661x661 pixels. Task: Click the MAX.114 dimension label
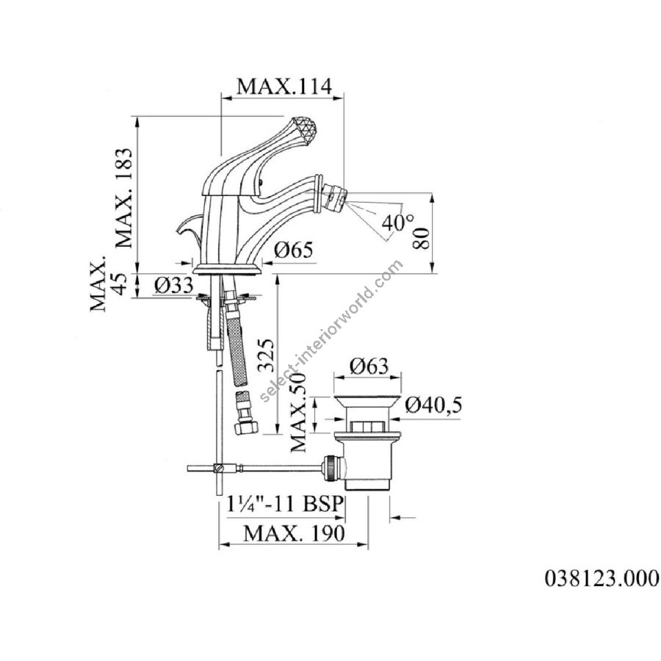coord(284,86)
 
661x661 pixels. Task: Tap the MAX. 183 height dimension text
coord(125,198)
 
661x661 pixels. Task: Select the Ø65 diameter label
coord(294,250)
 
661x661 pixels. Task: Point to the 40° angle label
coord(398,223)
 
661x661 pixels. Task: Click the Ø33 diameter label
coord(174,286)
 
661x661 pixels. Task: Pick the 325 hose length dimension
coord(267,355)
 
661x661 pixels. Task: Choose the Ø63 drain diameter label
coord(368,366)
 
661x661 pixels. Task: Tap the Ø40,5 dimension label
coord(433,405)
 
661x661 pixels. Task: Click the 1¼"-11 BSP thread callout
coord(284,503)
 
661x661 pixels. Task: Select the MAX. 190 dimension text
coord(294,534)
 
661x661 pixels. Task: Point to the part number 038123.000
coord(602,578)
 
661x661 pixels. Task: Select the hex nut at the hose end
coord(243,428)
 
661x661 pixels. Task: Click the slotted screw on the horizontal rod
coord(218,468)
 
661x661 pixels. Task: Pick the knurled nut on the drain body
coord(330,468)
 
